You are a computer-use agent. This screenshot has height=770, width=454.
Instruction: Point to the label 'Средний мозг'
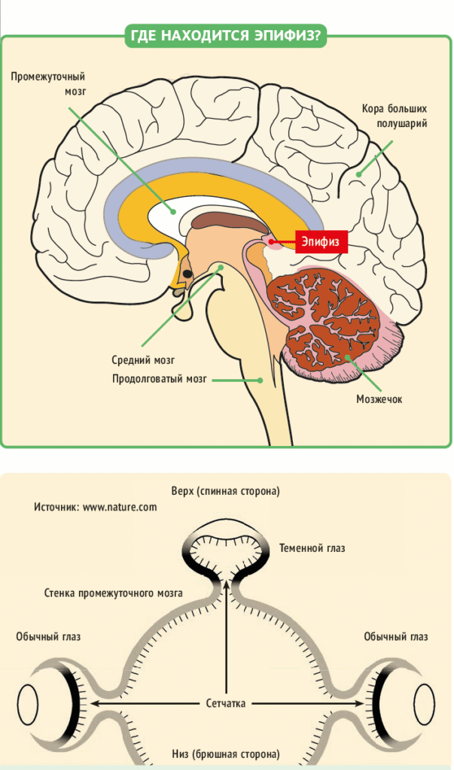(148, 360)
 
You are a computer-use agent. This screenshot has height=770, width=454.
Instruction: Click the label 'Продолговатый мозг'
(158, 379)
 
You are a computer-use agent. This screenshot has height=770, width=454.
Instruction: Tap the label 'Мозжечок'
(379, 399)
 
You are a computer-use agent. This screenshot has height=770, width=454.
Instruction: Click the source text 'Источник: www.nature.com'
(95, 507)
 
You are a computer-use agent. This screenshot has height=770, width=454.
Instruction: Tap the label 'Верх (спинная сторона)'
(227, 491)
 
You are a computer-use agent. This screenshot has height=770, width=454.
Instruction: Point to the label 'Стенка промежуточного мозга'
(113, 593)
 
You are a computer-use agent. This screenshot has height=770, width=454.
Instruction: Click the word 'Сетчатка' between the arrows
(227, 704)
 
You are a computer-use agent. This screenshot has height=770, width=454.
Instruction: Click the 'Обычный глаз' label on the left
(48, 637)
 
